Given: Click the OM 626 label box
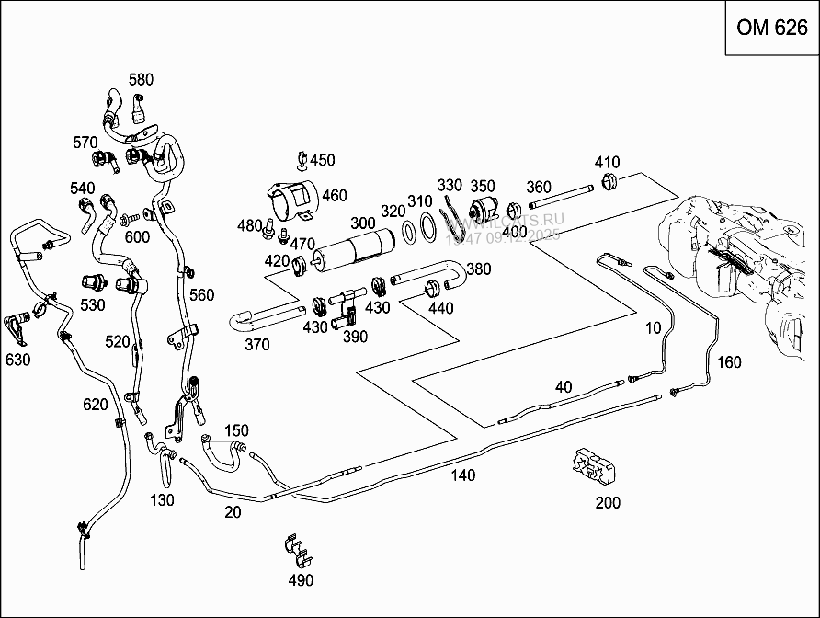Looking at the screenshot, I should [772, 27].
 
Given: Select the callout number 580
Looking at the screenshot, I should [141, 80].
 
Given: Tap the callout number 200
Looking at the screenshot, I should [608, 502].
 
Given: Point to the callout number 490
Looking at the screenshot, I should [301, 580].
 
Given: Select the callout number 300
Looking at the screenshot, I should [363, 223].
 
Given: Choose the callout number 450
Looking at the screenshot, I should [322, 160].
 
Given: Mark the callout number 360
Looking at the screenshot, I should [539, 188].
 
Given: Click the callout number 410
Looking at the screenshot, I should [607, 163].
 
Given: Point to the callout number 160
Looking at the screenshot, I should [728, 362].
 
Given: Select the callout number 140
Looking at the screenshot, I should [463, 475].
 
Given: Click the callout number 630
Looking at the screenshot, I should [17, 359].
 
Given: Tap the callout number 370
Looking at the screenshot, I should [256, 345].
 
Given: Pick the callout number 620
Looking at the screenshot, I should [95, 404].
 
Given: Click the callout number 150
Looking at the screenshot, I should [236, 430].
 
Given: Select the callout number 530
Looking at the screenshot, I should [93, 303].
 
